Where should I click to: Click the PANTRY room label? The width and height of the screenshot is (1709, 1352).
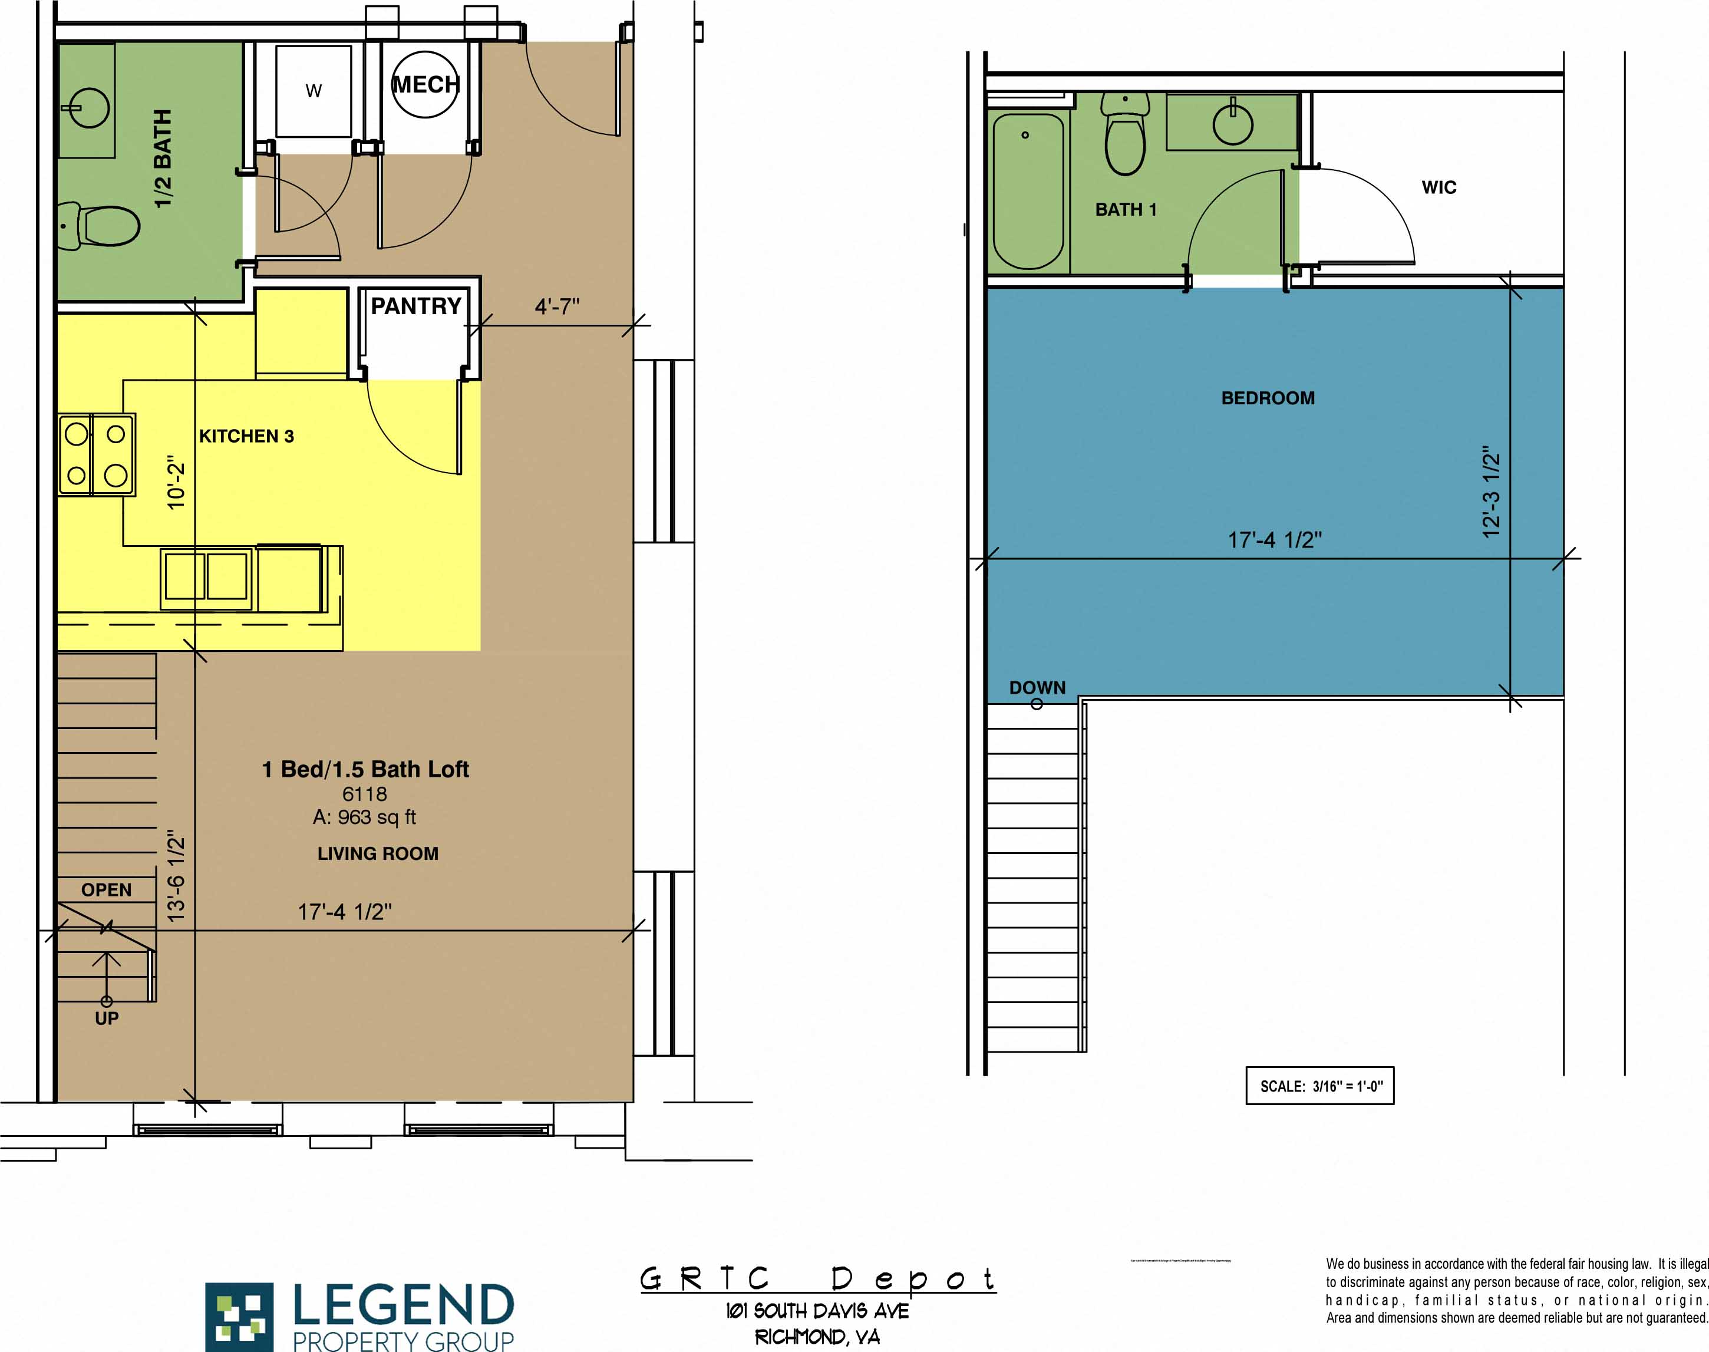click(x=415, y=306)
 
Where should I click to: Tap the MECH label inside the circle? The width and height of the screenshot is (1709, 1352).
click(x=425, y=85)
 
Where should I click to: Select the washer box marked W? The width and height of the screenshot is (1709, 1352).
click(x=314, y=91)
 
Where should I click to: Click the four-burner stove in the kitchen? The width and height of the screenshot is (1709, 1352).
click(x=97, y=455)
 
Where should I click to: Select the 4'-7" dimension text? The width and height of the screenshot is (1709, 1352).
click(x=556, y=306)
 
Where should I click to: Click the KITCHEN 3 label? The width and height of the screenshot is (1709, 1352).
click(x=246, y=436)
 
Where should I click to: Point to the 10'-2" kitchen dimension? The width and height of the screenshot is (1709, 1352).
click(x=176, y=483)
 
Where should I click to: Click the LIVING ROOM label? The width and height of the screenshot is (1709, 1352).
click(x=378, y=854)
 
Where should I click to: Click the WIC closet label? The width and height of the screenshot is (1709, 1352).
click(x=1439, y=187)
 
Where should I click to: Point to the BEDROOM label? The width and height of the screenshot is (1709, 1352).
click(x=1267, y=398)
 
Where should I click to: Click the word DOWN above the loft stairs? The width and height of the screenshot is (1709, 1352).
click(x=1037, y=688)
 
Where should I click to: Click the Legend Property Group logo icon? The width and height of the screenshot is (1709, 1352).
click(x=239, y=1317)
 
